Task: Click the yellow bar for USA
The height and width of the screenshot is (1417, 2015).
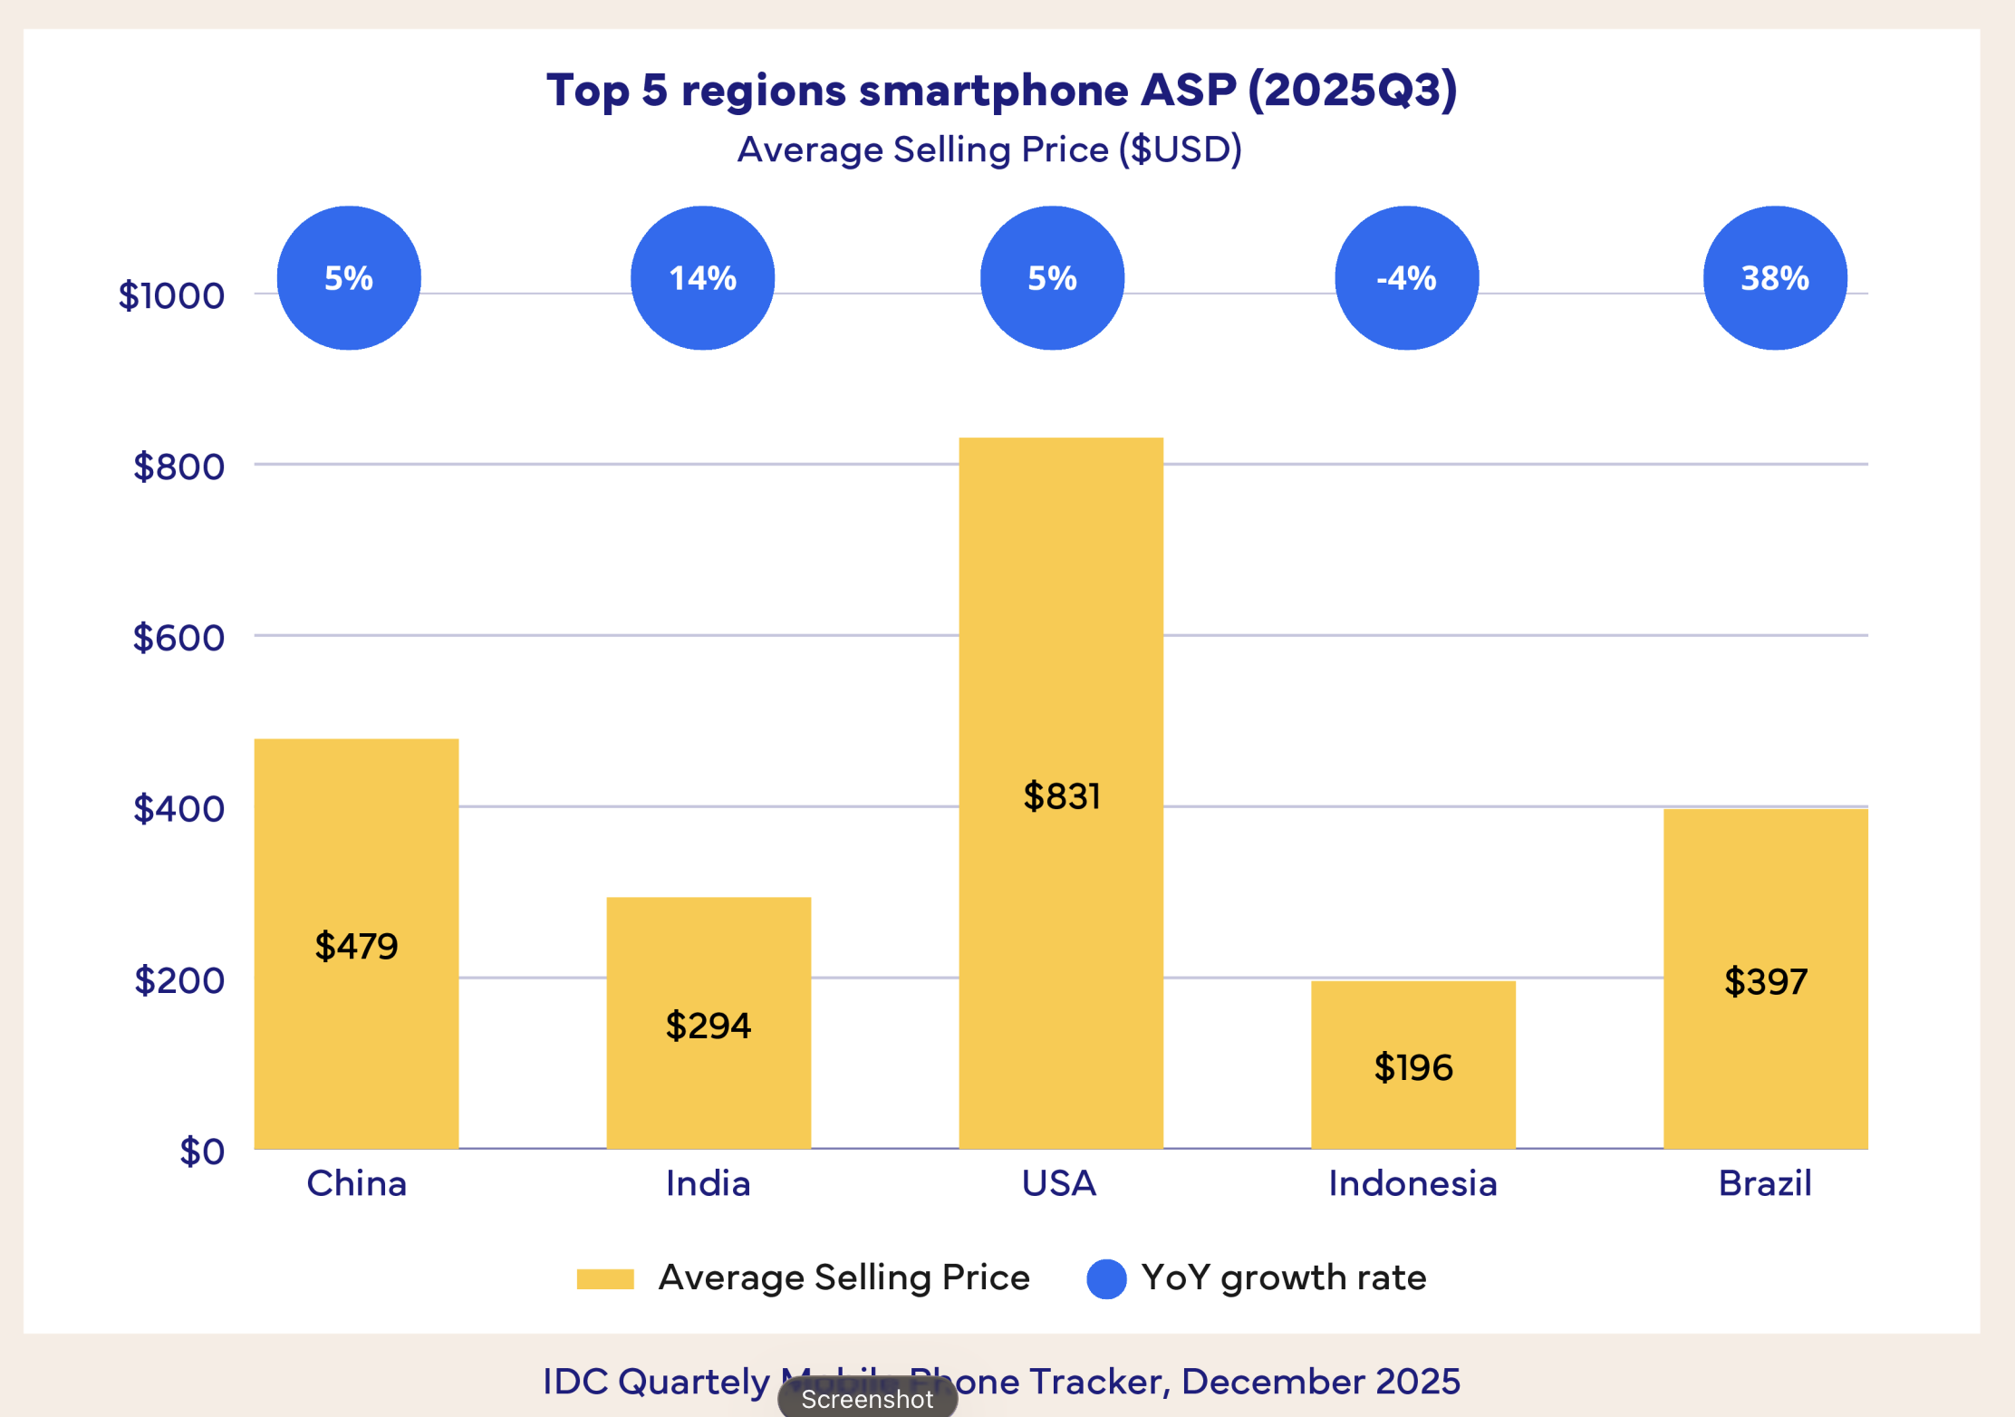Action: (x=1061, y=634)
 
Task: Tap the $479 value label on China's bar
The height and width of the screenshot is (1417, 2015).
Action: (x=356, y=946)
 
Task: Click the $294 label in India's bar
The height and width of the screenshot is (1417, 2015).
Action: (x=708, y=1026)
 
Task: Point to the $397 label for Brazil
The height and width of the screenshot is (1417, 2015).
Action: (x=1765, y=982)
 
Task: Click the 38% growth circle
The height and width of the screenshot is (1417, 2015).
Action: (x=1775, y=278)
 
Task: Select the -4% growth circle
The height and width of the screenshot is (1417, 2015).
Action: (x=1406, y=278)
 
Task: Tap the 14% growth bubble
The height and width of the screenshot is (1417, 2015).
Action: (x=702, y=278)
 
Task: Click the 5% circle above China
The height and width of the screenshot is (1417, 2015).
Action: (x=349, y=278)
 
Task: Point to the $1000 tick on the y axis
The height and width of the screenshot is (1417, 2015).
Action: (x=171, y=295)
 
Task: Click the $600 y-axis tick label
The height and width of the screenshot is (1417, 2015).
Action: (x=178, y=638)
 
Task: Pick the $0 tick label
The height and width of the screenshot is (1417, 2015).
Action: (x=201, y=1152)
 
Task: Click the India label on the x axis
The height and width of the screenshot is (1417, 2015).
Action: (x=708, y=1183)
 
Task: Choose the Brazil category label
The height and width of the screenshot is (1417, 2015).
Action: (x=1765, y=1183)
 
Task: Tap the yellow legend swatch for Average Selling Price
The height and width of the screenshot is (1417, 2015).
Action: (x=605, y=1278)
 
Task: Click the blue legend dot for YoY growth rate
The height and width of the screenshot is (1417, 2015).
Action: (x=1105, y=1278)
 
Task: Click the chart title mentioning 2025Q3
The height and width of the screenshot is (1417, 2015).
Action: (x=1001, y=91)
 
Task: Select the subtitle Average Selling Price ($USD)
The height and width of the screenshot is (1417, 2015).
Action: (x=989, y=149)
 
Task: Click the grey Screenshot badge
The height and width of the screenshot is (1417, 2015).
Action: (x=867, y=1399)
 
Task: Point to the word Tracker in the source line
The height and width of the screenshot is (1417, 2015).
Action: (x=1100, y=1382)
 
